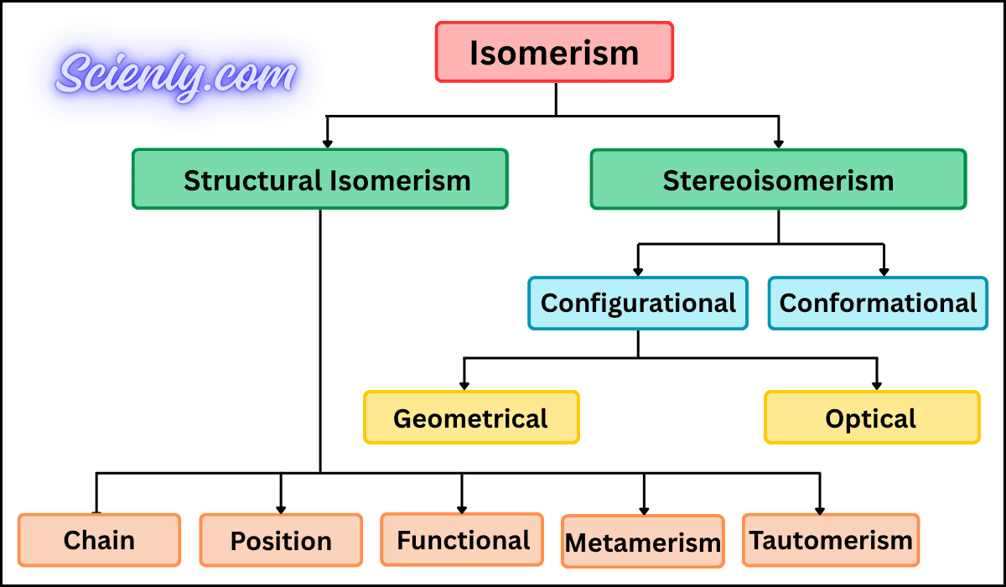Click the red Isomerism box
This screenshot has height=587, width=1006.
[554, 52]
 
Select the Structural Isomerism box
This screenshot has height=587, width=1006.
[320, 179]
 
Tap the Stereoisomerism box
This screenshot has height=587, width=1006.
[778, 179]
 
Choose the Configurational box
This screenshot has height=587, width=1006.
[638, 303]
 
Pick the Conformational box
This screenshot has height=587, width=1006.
[878, 303]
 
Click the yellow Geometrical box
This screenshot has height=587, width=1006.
[470, 418]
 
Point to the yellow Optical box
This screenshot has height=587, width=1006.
[871, 418]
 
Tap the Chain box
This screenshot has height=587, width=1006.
[99, 541]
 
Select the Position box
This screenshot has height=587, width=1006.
[281, 541]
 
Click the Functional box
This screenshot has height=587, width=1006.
[463, 539]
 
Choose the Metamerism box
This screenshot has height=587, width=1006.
[643, 543]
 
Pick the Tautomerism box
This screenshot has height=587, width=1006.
[831, 540]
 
